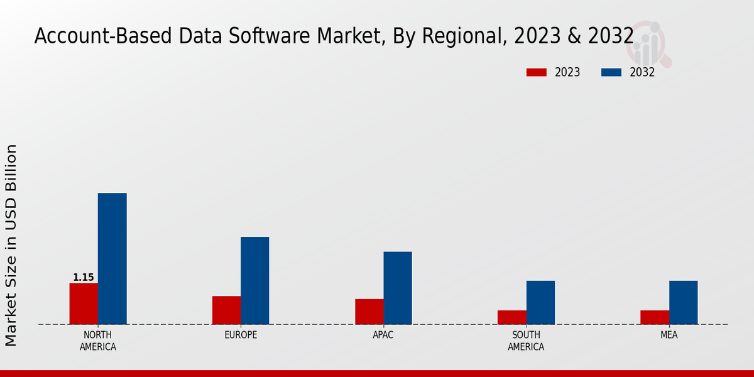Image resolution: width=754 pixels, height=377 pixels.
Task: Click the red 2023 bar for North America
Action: [84, 303]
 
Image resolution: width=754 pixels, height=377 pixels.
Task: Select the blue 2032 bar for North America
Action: [112, 258]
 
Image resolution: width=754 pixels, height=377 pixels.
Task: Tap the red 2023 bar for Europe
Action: [226, 310]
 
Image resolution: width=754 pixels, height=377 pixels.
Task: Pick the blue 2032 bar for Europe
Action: [254, 280]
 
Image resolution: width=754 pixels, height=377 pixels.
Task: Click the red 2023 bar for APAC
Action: [369, 311]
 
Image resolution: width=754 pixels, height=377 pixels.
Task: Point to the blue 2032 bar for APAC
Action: [398, 288]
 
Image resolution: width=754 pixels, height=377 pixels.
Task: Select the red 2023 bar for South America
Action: [511, 317]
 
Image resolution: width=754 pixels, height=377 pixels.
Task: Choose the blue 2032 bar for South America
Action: [540, 302]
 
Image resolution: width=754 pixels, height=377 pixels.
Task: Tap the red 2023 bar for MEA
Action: [655, 317]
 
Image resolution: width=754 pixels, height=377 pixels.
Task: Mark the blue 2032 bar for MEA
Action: [683, 302]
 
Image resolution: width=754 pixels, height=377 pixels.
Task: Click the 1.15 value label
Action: [84, 277]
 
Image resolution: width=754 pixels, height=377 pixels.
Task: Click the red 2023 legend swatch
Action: [537, 72]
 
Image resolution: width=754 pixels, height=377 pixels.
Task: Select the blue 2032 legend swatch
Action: [611, 72]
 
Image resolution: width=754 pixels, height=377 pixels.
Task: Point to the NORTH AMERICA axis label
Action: [98, 341]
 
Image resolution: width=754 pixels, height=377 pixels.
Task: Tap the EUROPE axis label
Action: [241, 335]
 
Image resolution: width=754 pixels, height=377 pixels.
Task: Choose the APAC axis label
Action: [383, 335]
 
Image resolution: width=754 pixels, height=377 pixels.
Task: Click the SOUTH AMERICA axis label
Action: [526, 341]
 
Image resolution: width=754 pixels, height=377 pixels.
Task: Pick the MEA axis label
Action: [669, 335]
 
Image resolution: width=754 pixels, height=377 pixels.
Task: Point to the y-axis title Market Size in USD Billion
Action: [11, 245]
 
